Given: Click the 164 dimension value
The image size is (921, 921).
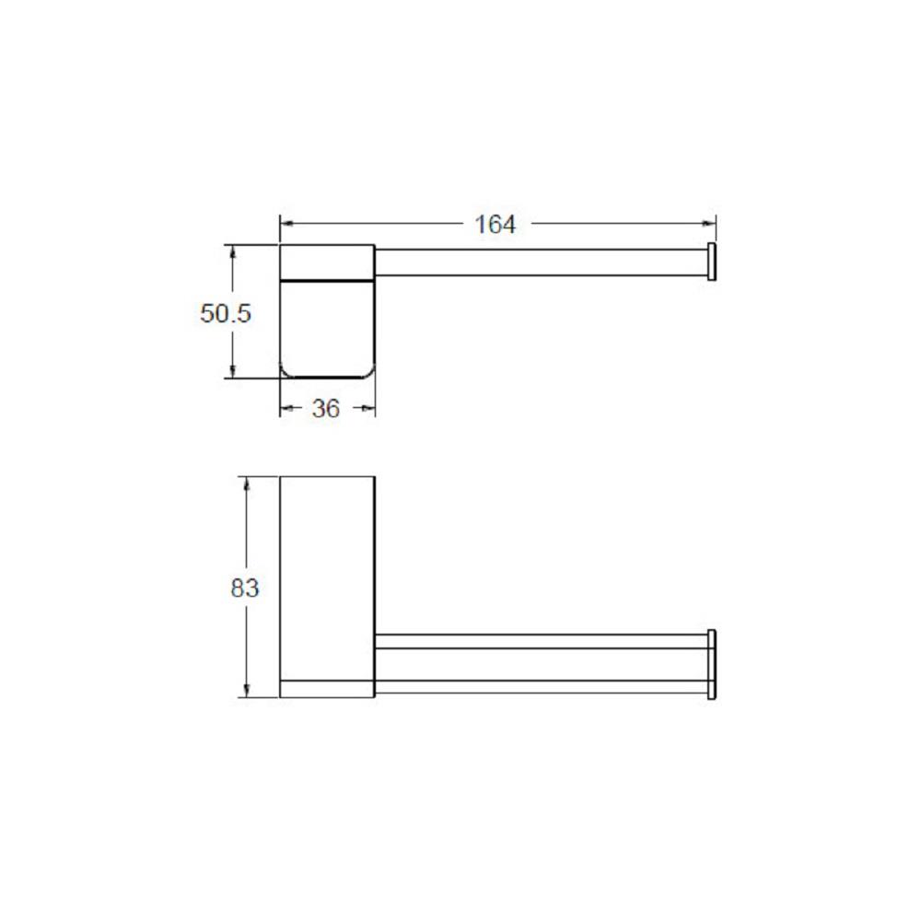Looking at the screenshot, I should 495,224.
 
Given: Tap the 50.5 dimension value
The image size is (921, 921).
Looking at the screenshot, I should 226,313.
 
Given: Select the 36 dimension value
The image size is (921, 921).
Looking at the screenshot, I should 326,409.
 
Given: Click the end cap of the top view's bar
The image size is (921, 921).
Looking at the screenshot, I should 711,261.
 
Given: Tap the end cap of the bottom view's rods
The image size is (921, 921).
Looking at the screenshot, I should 711,664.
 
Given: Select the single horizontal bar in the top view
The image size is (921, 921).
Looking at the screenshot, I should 539,261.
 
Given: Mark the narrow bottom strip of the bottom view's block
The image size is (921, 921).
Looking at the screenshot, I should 326,688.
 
